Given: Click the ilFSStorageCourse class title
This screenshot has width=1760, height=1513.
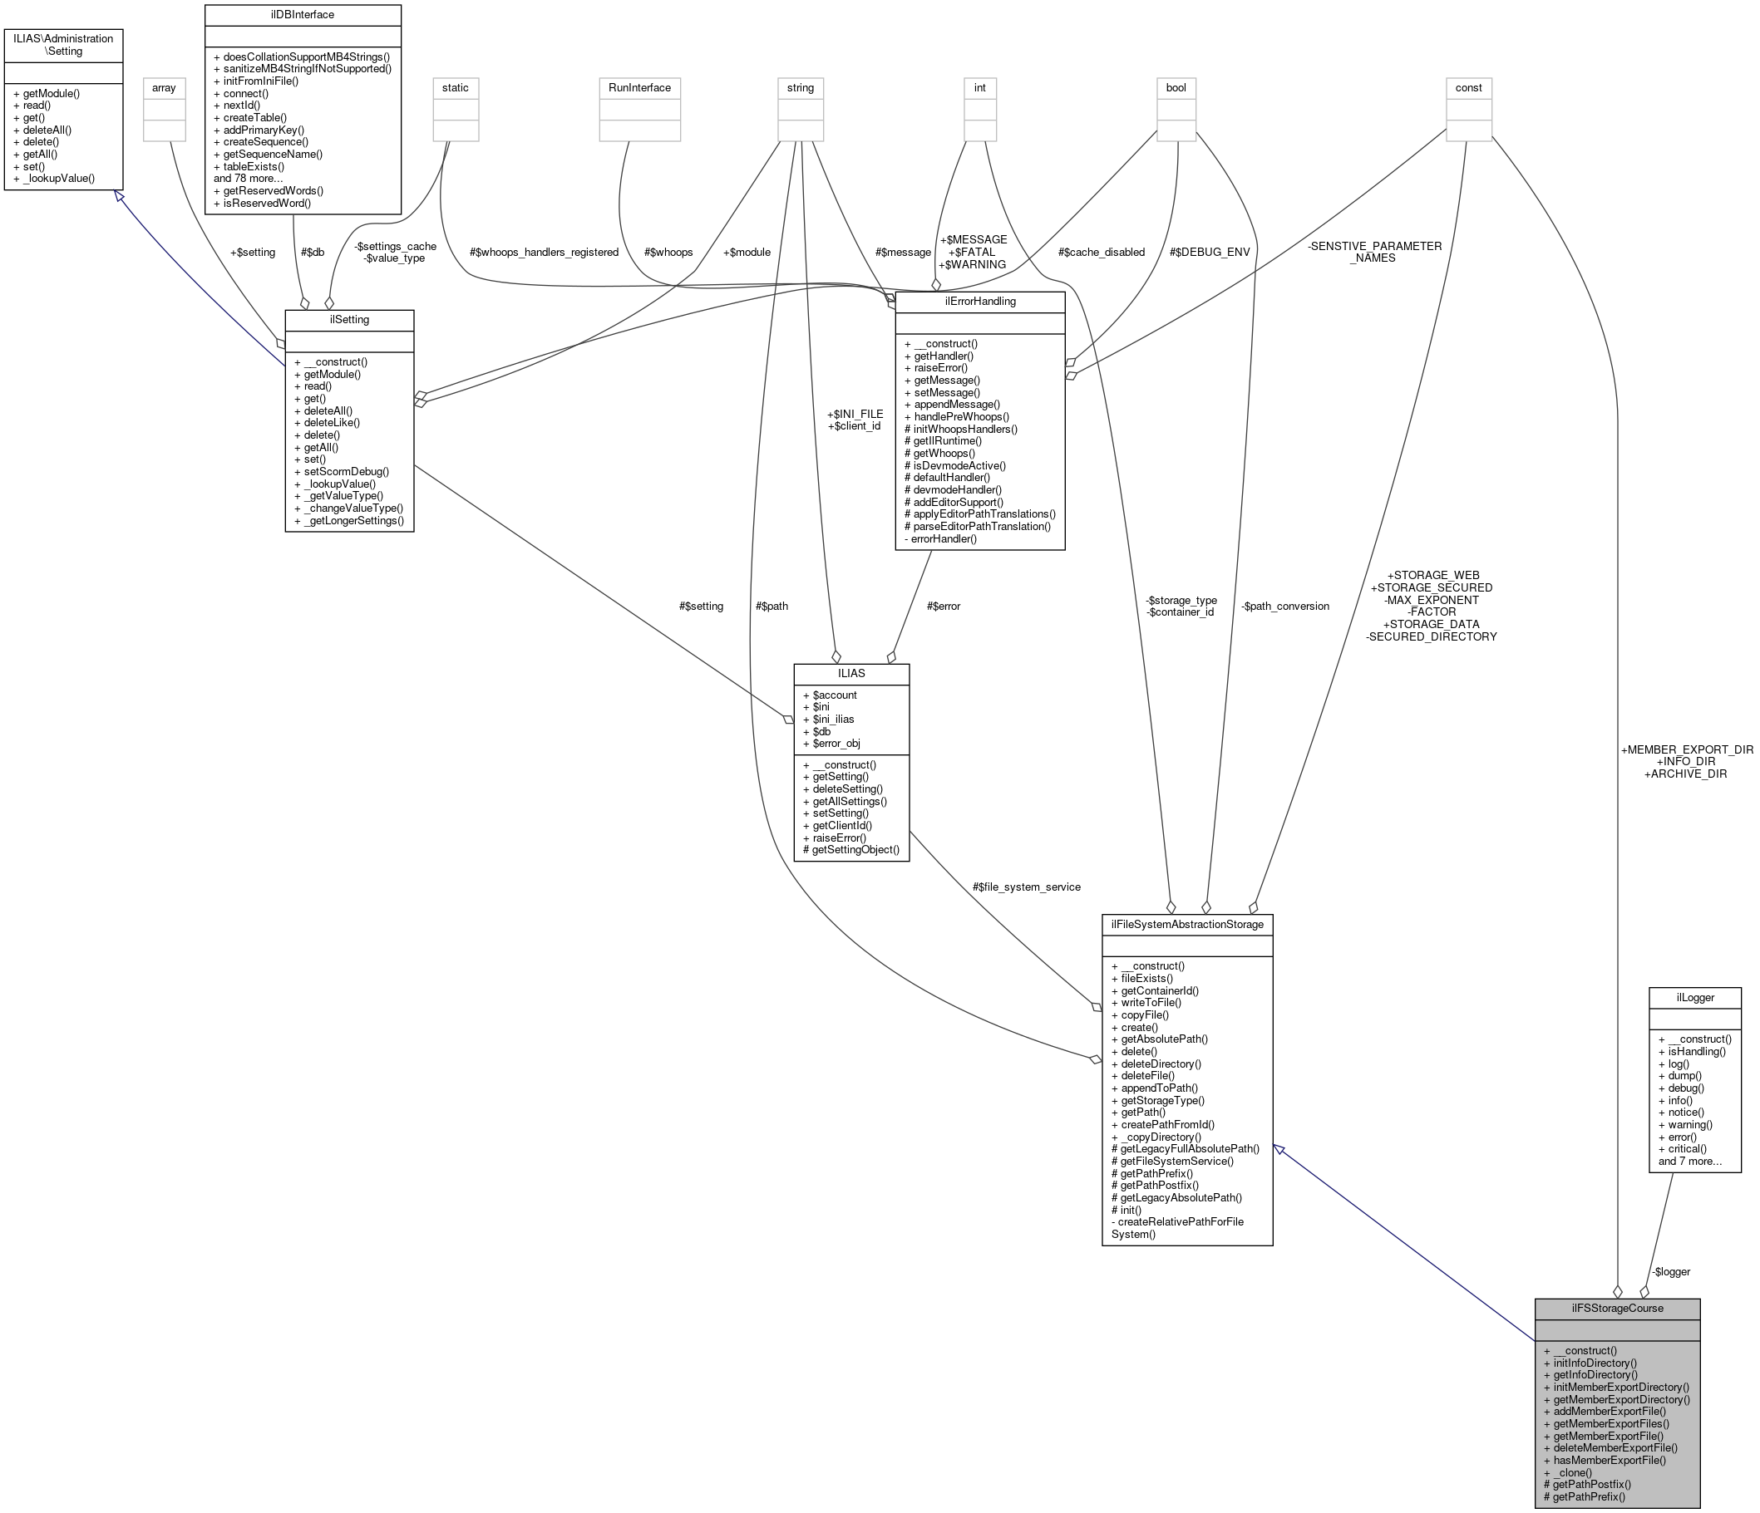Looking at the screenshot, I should pyautogui.click(x=1616, y=1309).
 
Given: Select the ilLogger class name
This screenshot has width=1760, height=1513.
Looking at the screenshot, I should pyautogui.click(x=1694, y=998).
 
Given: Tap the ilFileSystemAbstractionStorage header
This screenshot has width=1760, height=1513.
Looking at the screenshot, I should pyautogui.click(x=1186, y=924).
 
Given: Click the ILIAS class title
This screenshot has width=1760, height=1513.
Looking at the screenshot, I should pyautogui.click(x=851, y=673).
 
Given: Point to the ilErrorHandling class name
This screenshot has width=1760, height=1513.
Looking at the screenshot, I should pyautogui.click(x=979, y=302).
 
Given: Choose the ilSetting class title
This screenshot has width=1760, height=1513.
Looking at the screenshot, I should pyautogui.click(x=349, y=319).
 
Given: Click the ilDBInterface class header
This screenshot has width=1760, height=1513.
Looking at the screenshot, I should pyautogui.click(x=303, y=15).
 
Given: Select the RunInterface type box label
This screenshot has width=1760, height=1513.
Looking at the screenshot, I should pyautogui.click(x=639, y=87).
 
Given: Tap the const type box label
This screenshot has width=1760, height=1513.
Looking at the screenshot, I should pyautogui.click(x=1468, y=87).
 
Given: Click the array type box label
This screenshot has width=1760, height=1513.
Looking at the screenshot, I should pyautogui.click(x=164, y=87).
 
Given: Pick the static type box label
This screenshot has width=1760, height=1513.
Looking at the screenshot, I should pyautogui.click(x=456, y=87).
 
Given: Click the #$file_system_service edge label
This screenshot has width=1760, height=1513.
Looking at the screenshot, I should pyautogui.click(x=1026, y=887).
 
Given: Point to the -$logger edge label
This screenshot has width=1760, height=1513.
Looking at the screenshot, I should pyautogui.click(x=1670, y=1272).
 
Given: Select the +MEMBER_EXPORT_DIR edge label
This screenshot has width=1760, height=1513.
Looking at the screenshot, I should pyautogui.click(x=1686, y=749).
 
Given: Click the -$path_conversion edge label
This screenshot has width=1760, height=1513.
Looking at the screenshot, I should pyautogui.click(x=1284, y=607).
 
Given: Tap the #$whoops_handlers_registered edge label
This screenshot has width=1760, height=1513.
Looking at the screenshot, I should pyautogui.click(x=544, y=253).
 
